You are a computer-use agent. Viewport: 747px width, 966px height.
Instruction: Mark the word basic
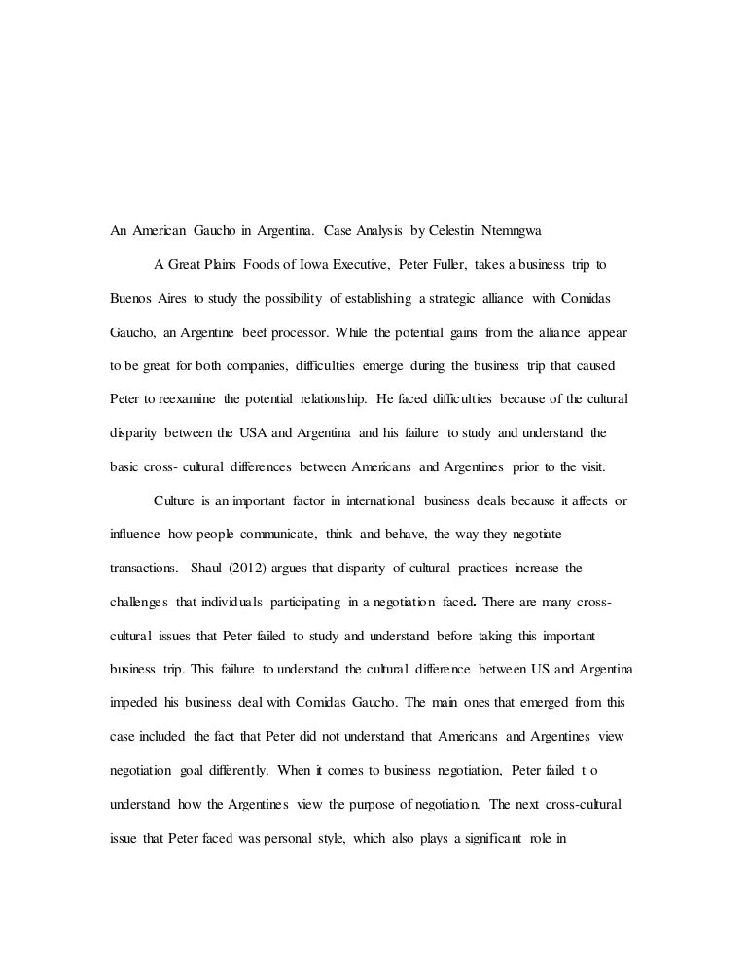click(124, 466)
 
